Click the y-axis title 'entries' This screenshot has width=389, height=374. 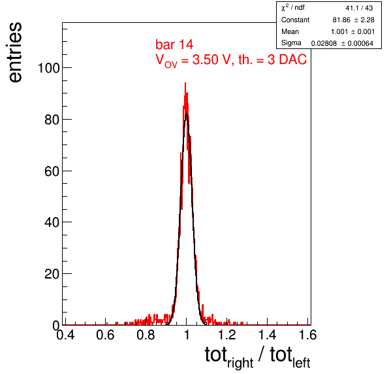click(16, 52)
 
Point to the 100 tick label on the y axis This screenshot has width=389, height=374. click(48, 68)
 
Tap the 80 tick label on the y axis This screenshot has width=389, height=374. click(52, 120)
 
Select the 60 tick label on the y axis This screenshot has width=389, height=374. click(52, 171)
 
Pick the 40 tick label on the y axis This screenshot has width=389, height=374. click(52, 222)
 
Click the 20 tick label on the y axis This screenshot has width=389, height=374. click(52, 274)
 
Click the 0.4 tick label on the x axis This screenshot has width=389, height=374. click(65, 335)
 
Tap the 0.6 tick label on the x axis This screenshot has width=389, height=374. click(105, 335)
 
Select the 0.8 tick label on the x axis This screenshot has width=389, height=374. click(146, 335)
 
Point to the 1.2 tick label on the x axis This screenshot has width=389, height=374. click(226, 335)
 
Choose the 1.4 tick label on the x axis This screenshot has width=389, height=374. click(268, 335)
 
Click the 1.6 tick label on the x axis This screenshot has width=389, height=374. click(308, 335)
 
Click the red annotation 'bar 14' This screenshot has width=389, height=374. click(174, 44)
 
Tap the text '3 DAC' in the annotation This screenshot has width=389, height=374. click(287, 59)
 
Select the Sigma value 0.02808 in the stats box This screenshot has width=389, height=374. click(324, 44)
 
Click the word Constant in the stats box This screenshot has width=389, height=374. click(295, 20)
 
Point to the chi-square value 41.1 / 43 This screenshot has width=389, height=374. click(359, 8)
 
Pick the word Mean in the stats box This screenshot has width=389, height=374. click(290, 31)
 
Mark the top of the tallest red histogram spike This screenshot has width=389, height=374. click(185, 83)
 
